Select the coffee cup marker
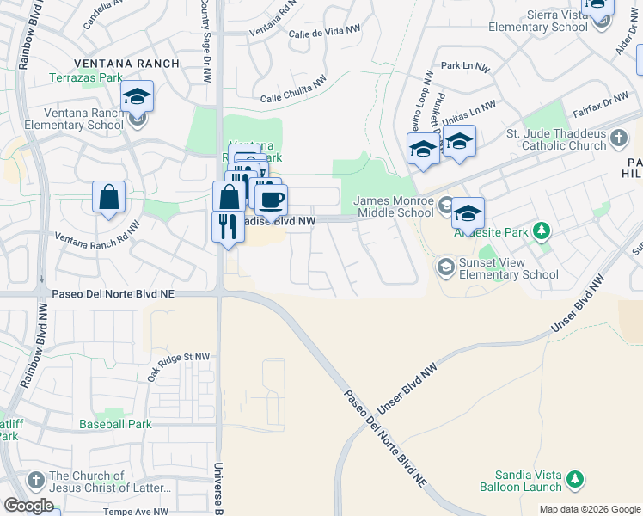272,200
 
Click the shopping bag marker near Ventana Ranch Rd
109,197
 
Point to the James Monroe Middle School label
394,206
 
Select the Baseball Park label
115,424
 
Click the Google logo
28,506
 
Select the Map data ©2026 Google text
590,509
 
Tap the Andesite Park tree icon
542,230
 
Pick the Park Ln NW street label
464,65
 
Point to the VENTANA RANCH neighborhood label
127,64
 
